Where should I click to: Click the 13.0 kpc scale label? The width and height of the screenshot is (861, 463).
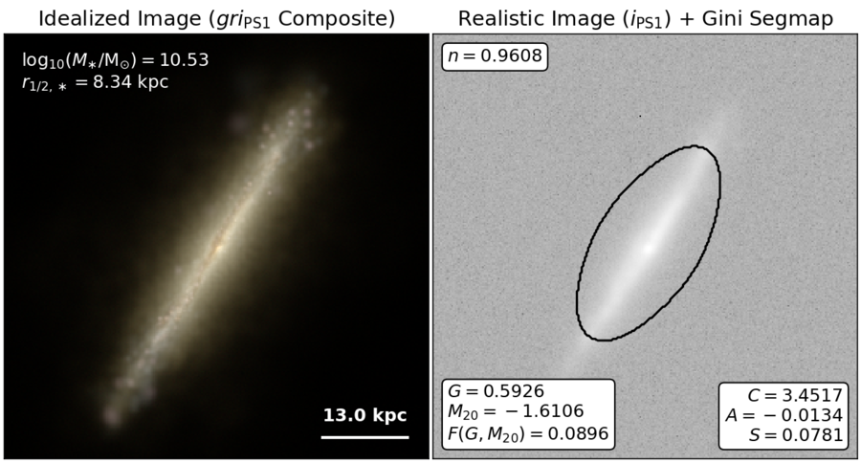pos(364,414)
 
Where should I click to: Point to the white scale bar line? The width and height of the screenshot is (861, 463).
pos(364,437)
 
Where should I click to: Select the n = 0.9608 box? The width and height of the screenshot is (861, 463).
pos(495,56)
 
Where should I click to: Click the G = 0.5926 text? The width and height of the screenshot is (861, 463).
pos(496,391)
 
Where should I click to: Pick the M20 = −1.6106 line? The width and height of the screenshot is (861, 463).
pos(516,411)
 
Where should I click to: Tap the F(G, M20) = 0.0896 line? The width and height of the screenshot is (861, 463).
pos(528,433)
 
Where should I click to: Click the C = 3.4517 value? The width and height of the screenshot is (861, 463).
pos(795,395)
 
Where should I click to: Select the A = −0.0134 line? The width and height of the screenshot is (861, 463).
pos(784,415)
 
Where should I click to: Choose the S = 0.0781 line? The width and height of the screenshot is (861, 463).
pos(795,435)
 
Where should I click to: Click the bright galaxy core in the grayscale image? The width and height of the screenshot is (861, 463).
pos(649,248)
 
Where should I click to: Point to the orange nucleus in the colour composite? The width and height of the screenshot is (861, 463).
pos(218,249)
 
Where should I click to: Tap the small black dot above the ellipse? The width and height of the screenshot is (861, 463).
pos(640,116)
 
